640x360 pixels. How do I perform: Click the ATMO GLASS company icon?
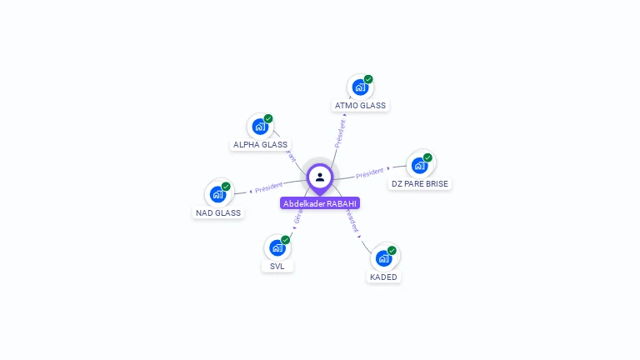pos(359,87)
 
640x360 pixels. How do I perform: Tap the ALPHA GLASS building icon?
pos(260,127)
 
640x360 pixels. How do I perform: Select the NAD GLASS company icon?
pos(217,194)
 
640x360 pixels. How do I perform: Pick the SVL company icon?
pos(277,247)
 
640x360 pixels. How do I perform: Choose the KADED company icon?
pos(383,257)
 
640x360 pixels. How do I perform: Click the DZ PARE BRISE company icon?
pos(419,164)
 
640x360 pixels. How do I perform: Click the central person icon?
pos(320,177)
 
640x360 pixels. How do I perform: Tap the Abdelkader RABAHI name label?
pos(320,203)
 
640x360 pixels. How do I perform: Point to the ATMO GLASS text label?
pos(360,106)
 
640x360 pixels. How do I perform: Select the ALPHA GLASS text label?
pos(260,145)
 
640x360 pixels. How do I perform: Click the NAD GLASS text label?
pos(218,212)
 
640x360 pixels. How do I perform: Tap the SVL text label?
pos(277,267)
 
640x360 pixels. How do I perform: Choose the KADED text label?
pos(383,277)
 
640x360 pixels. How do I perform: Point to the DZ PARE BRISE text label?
pos(419,183)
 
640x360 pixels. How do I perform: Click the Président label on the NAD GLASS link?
pos(269,187)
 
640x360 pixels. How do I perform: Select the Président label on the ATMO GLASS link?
pos(340,133)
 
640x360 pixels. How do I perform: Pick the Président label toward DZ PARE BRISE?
pos(369,173)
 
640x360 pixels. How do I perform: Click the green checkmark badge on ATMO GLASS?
pos(368,79)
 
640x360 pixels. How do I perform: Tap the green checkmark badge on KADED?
pos(392,250)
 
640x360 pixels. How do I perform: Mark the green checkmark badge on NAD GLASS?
pos(226,187)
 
